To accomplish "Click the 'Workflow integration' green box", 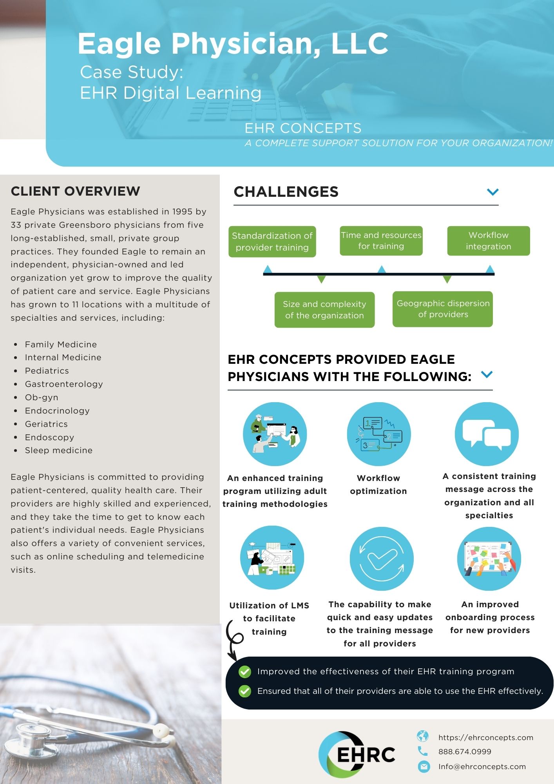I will point(488,241).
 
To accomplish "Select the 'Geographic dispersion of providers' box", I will point(443,309).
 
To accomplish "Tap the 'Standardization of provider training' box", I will point(272,241).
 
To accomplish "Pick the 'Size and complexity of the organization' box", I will point(324,310).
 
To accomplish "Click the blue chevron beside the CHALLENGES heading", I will point(492,192).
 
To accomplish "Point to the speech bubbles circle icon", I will point(487,434).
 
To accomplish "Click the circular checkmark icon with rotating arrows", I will point(382,559).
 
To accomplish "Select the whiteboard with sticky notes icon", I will point(489,559).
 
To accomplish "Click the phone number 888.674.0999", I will point(465,751).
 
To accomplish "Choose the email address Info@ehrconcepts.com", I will point(482,766).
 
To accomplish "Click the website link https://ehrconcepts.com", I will point(486,737).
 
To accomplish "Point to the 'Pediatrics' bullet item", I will point(47,371).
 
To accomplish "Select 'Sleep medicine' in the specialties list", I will point(59,450).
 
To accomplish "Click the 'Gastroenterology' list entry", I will point(64,384).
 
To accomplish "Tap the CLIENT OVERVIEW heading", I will point(75,191).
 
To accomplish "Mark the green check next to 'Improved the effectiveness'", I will point(245,671).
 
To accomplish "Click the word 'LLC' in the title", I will point(360,43).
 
